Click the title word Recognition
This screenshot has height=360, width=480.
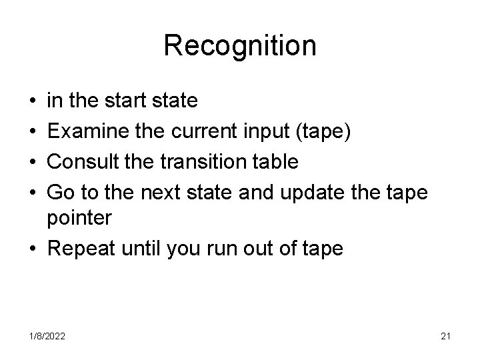pyautogui.click(x=240, y=46)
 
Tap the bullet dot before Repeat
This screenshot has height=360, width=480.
pyautogui.click(x=33, y=249)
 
